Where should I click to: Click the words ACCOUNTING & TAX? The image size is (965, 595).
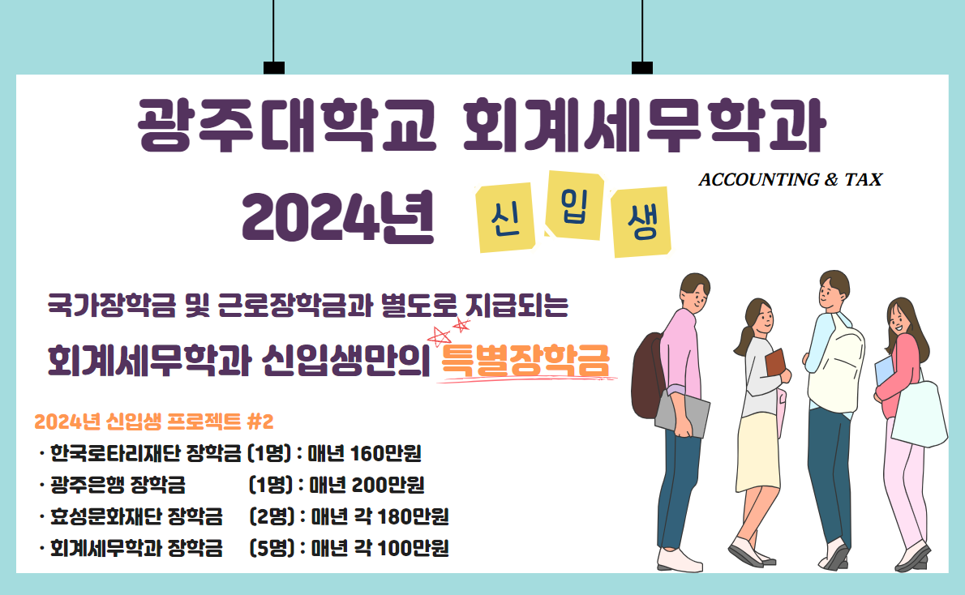(x=790, y=180)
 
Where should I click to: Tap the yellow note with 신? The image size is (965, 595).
(x=506, y=217)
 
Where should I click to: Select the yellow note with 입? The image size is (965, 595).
(x=574, y=206)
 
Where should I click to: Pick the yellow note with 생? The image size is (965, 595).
(x=641, y=221)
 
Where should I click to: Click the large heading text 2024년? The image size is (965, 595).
(x=338, y=216)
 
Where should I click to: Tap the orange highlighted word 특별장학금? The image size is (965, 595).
(x=525, y=361)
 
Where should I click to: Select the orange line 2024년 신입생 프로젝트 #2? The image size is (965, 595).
(x=154, y=422)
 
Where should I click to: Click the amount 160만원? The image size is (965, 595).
(x=385, y=454)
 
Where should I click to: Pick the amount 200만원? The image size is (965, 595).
(x=388, y=485)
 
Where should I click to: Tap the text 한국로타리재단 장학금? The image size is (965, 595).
(x=146, y=454)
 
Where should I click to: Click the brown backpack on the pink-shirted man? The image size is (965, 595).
(x=647, y=375)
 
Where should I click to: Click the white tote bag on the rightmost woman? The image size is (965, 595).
(x=919, y=413)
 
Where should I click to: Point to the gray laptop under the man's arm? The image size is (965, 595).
(x=682, y=414)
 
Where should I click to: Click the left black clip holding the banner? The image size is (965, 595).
(x=274, y=67)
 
